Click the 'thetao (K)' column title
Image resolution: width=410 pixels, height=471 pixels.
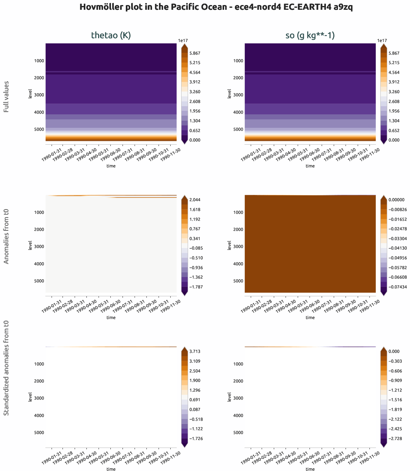(111, 35)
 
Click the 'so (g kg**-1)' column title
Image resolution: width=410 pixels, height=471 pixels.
(310, 35)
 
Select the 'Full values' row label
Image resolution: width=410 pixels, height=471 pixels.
(6, 97)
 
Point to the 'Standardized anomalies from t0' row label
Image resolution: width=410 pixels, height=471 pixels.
(6, 368)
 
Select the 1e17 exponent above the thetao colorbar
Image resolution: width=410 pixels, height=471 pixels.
(183, 41)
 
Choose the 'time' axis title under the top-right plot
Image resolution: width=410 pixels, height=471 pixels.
(310, 166)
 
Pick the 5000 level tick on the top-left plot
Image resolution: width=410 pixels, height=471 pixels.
(39, 129)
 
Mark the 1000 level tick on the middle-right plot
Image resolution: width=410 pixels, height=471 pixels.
(238, 213)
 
